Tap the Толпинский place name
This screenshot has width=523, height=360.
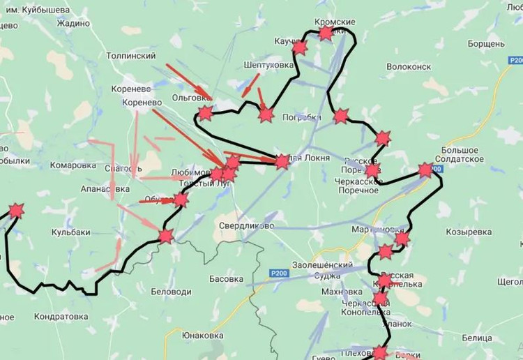130,55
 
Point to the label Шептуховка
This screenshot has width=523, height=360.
268,65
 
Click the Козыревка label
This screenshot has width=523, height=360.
469,231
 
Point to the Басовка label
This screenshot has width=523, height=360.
226,278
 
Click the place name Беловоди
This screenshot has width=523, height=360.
171,291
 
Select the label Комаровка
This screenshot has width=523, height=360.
73,166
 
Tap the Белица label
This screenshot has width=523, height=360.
477,338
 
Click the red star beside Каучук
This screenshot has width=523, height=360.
300,48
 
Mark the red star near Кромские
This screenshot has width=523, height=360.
326,33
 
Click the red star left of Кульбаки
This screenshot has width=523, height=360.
15,211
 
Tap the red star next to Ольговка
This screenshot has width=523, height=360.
205,114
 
